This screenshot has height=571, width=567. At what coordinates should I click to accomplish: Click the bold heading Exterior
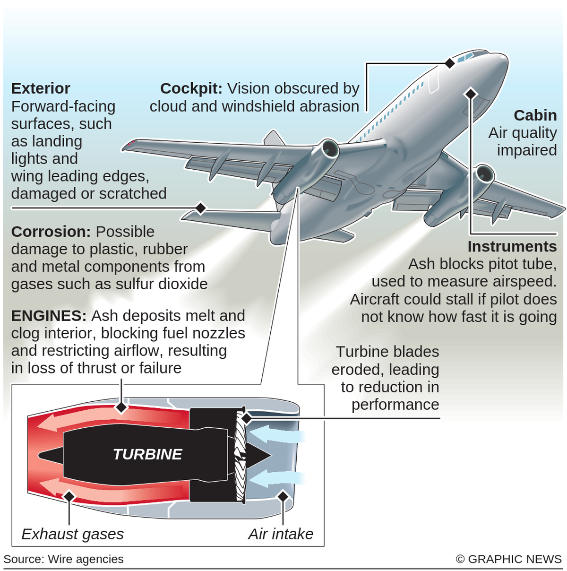(41, 88)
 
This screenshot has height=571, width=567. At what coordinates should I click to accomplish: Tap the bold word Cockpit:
(191, 88)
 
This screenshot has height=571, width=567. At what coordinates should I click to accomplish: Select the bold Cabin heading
(535, 115)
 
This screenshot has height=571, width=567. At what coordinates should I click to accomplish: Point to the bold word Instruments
(512, 246)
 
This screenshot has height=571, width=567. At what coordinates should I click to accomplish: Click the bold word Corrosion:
(51, 232)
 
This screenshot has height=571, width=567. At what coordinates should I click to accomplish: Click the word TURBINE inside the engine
(147, 454)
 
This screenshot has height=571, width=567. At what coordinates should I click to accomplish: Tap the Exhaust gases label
(72, 534)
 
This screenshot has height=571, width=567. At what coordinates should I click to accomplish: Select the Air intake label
(281, 534)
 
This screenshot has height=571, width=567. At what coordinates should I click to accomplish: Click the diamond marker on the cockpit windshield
(450, 63)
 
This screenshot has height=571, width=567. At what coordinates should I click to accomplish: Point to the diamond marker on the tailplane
(201, 208)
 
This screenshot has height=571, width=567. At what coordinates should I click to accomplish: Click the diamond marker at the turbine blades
(246, 418)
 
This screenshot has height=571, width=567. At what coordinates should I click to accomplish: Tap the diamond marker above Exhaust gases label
(69, 496)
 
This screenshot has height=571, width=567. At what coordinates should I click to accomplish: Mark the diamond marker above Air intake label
(283, 496)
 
